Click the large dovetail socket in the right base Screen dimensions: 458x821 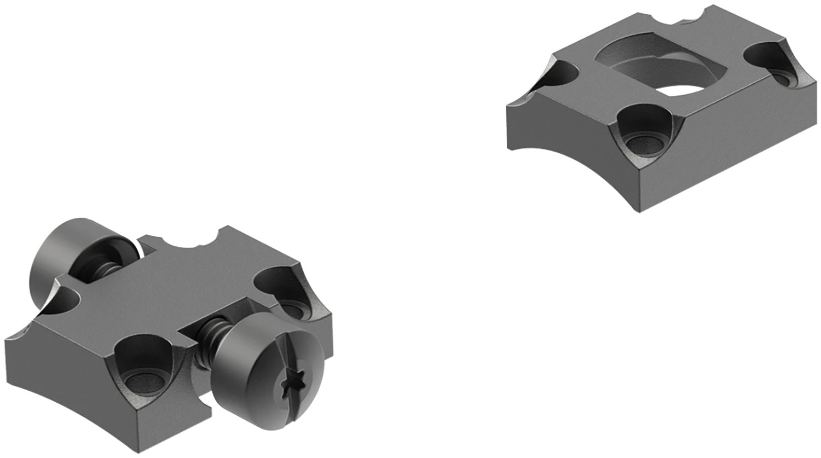[x=657, y=66]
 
